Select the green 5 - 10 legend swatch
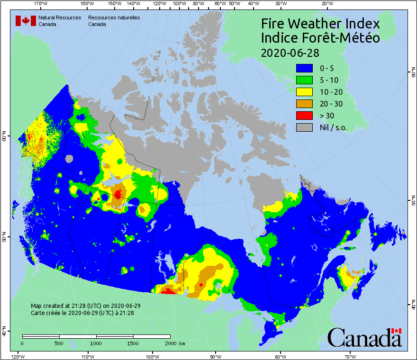point(304,81)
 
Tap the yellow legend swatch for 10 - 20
point(304,92)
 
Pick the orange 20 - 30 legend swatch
point(304,104)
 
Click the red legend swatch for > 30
point(304,116)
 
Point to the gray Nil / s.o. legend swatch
point(304,127)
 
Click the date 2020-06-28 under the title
point(290,52)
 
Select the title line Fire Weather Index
point(320,24)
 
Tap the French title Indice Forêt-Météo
point(320,38)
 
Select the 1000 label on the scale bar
point(96,343)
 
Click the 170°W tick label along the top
point(41,4)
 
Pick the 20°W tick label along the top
point(326,4)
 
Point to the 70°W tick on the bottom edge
point(350,356)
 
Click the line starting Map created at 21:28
point(85,306)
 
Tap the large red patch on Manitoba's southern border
point(168,291)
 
